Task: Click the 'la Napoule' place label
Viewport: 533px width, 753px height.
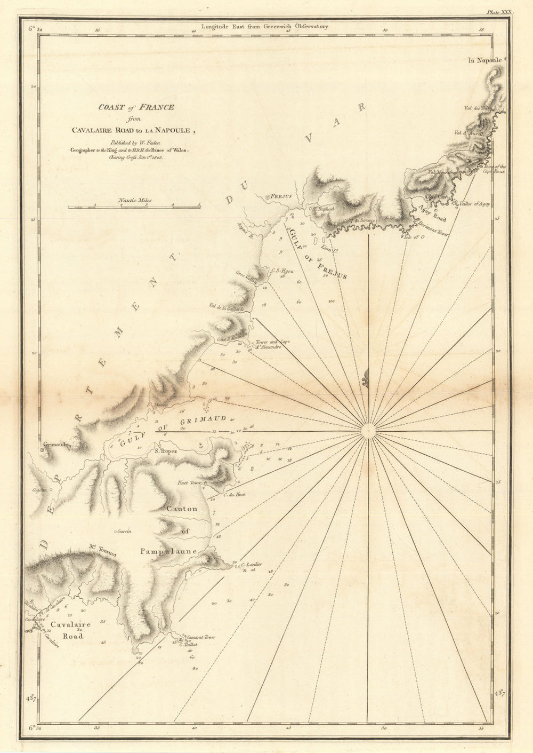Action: pyautogui.click(x=484, y=60)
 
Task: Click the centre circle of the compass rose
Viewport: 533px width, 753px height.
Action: pyautogui.click(x=368, y=431)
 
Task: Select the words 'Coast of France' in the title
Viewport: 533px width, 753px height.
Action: pyautogui.click(x=136, y=107)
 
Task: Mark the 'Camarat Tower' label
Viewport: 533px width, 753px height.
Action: pyautogui.click(x=200, y=637)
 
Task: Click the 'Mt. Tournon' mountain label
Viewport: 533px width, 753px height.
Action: pyautogui.click(x=102, y=547)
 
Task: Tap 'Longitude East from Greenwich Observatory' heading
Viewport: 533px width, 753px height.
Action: pyautogui.click(x=265, y=26)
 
